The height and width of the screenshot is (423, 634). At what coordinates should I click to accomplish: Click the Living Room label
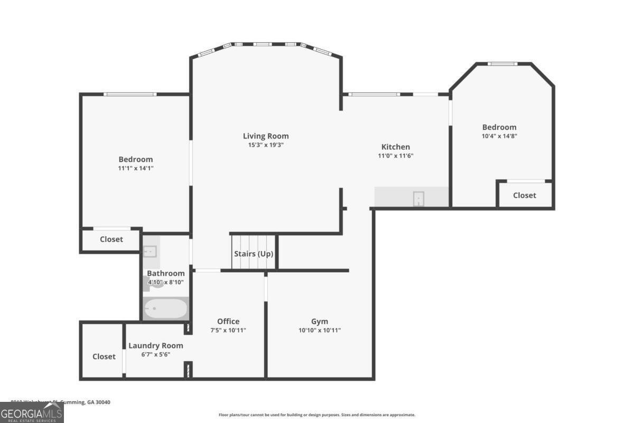(x=266, y=136)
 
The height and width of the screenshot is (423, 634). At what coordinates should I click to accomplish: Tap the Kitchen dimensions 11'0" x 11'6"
(x=396, y=155)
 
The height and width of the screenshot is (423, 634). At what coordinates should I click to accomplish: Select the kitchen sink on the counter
(x=418, y=199)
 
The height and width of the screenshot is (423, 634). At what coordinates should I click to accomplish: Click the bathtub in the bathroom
(x=166, y=309)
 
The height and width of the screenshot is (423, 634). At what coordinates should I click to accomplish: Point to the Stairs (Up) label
(x=254, y=254)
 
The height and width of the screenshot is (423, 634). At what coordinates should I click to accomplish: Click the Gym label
(x=319, y=321)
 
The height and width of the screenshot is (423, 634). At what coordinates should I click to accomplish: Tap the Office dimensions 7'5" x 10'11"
(x=228, y=330)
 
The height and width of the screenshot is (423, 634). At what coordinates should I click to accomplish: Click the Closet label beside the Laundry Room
(x=104, y=356)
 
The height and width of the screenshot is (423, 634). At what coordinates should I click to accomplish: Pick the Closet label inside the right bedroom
(x=524, y=195)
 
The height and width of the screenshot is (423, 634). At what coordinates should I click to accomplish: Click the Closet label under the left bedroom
(x=111, y=239)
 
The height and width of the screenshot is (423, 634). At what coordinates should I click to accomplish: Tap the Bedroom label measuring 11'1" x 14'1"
(x=136, y=159)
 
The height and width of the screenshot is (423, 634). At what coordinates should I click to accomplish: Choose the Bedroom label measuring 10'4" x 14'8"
(x=499, y=127)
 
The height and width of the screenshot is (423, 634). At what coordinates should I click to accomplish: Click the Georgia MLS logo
(x=32, y=412)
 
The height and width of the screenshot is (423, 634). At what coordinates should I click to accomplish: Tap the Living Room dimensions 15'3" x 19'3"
(x=266, y=145)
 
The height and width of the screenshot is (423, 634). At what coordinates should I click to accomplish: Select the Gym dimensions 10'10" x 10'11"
(x=319, y=330)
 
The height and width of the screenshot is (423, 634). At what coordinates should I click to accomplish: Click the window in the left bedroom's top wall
(x=130, y=94)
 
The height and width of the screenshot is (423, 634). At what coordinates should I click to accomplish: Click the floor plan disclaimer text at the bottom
(x=317, y=415)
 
